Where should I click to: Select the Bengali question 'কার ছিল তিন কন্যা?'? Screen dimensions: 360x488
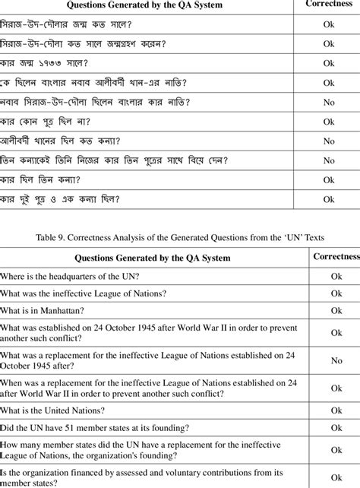pos(41,180)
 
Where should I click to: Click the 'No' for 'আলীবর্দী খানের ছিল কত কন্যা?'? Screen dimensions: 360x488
pos(329,141)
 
